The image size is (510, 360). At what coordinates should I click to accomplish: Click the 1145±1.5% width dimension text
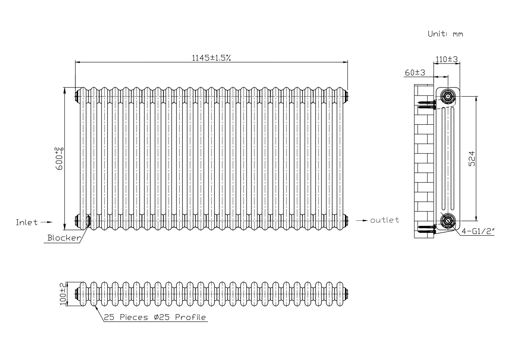pos(212,58)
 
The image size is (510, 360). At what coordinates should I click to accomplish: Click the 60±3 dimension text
pos(415,73)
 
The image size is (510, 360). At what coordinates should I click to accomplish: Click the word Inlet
pos(27,222)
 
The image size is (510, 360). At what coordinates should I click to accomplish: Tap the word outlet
pos(384,220)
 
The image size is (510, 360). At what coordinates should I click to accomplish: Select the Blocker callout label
pos(64,238)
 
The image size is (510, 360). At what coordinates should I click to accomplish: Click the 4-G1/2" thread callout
pos(478,231)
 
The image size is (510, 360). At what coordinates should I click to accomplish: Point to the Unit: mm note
pos(445,34)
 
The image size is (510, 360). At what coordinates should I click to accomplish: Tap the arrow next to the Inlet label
pos(46,222)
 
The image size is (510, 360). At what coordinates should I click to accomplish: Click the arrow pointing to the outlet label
pos(362,221)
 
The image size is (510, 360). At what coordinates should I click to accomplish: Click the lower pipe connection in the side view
pos(448,221)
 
